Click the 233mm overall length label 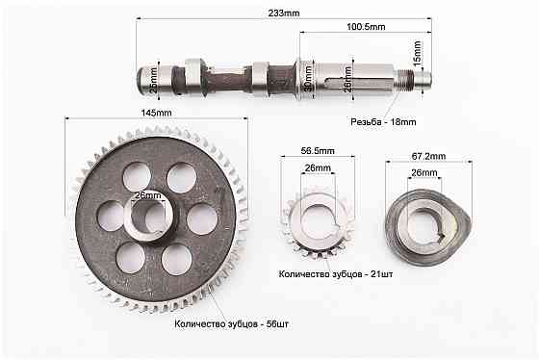pyautogui.click(x=285, y=13)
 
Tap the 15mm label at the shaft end pyautogui.click(x=417, y=52)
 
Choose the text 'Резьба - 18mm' pyautogui.click(x=383, y=122)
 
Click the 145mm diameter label pyautogui.click(x=156, y=113)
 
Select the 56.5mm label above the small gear pyautogui.click(x=318, y=151)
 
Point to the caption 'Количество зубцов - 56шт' pyautogui.click(x=231, y=324)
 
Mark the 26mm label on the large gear pyautogui.click(x=147, y=195)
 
